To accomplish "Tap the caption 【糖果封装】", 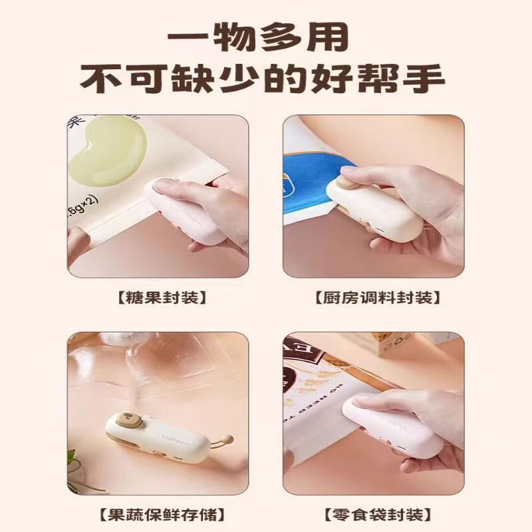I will coord(158,297).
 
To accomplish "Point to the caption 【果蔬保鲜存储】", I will coord(158,514).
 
